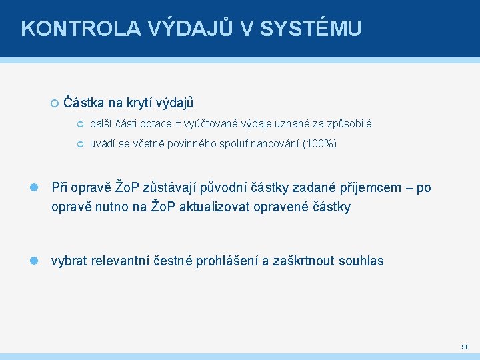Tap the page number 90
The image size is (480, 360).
(x=465, y=347)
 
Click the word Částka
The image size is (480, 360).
(x=84, y=103)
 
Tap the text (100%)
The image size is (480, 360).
(x=320, y=144)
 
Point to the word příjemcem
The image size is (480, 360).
(x=383, y=188)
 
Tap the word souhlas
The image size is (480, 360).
(x=360, y=261)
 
